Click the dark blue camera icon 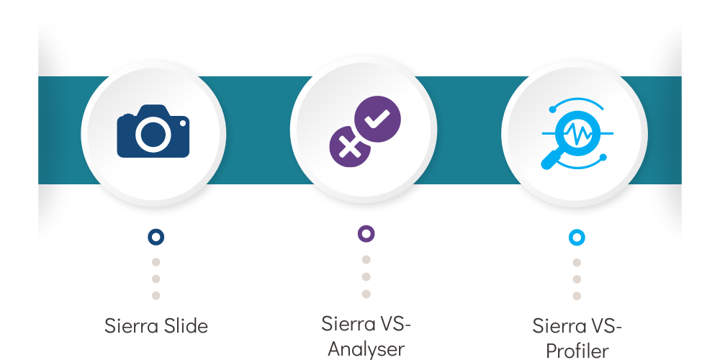[153, 131]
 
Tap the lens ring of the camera [153, 119]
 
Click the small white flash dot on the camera [183, 123]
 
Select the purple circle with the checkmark [377, 119]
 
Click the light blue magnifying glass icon [577, 134]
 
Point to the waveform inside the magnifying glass [577, 134]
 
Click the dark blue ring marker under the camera [156, 237]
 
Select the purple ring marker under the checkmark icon [366, 234]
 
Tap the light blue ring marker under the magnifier [577, 238]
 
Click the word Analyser [366, 349]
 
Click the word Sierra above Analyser [344, 324]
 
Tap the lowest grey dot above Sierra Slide [156, 296]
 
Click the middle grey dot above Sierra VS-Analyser [366, 277]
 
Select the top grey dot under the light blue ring [577, 263]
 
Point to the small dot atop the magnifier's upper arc [552, 109]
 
